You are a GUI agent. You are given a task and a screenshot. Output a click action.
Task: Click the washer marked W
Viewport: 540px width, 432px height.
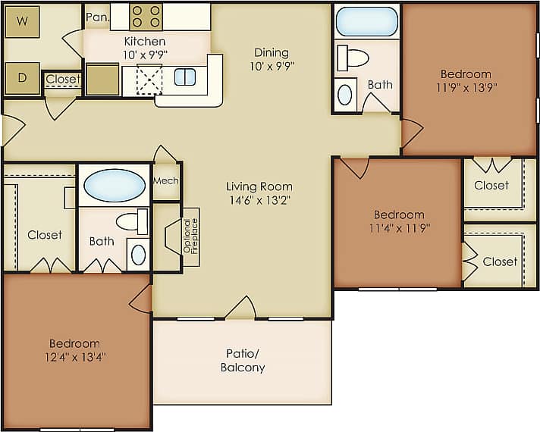coord(22,22)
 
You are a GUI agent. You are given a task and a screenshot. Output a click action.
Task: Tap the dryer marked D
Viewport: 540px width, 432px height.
coord(22,78)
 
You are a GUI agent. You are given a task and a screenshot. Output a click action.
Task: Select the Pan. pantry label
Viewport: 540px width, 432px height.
coord(96,17)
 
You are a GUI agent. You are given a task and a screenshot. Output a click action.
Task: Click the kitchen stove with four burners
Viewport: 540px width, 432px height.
coord(146,17)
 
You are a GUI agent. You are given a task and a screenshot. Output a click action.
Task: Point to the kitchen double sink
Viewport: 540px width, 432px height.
coord(185,77)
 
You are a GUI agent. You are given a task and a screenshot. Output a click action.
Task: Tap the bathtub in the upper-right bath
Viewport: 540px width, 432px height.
coord(366,21)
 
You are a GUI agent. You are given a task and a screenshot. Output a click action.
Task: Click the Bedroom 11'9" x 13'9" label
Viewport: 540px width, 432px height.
coord(466,80)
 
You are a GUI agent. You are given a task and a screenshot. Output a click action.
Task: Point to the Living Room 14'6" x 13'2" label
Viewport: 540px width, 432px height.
coord(259,193)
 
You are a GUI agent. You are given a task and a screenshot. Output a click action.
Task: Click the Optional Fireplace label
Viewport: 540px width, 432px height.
coord(190,237)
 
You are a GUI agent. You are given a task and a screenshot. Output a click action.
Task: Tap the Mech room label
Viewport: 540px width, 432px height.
coord(165,181)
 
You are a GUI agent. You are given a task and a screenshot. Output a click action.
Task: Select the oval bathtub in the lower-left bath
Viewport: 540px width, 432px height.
coord(114,185)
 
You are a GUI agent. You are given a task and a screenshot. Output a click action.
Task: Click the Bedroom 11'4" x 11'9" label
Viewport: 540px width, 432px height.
coord(398,221)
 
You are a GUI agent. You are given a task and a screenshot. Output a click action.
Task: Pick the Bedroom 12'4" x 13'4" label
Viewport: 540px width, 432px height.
coord(74,350)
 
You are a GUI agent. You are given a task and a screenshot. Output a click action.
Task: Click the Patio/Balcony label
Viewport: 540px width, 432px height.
coord(243,360)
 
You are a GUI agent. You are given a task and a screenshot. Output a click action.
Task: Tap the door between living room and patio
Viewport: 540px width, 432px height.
coord(240,308)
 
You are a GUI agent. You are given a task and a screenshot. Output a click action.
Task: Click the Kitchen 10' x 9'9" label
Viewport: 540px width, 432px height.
coord(145,48)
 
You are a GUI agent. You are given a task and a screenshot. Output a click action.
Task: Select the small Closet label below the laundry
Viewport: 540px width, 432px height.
coord(62,79)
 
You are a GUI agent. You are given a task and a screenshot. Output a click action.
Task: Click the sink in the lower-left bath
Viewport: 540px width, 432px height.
coord(138,255)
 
